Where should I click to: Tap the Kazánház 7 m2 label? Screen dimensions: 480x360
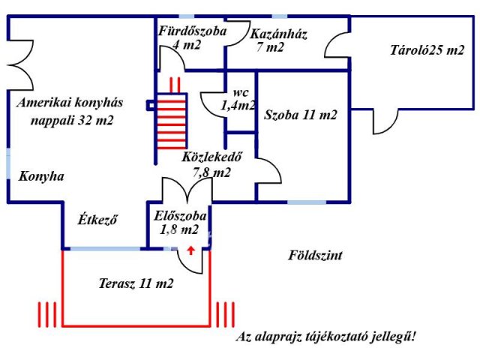point(278,40)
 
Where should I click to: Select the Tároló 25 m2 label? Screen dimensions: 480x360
point(427,50)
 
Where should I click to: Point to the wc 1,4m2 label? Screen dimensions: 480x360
point(238,99)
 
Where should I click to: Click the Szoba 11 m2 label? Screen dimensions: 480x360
point(300,115)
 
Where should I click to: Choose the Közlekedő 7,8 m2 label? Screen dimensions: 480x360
point(211,165)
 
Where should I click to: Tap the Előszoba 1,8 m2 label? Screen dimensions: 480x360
point(180,223)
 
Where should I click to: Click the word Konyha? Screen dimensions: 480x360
point(41,176)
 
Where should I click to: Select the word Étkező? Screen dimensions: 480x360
point(97,220)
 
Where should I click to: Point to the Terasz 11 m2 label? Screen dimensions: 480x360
point(136,283)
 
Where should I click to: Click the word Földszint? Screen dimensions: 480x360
point(315,255)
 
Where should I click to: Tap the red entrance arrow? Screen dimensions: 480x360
point(191,250)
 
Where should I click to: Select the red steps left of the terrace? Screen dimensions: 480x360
point(47,314)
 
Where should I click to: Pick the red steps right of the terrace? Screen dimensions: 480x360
point(225,314)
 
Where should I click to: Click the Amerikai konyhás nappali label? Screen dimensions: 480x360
point(70,111)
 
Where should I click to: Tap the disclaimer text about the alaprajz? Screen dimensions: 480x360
point(326,337)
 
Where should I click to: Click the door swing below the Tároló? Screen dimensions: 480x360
point(385,121)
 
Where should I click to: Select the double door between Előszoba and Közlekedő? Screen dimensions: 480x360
point(187,190)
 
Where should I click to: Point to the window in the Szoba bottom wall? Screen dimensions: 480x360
point(307,202)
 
